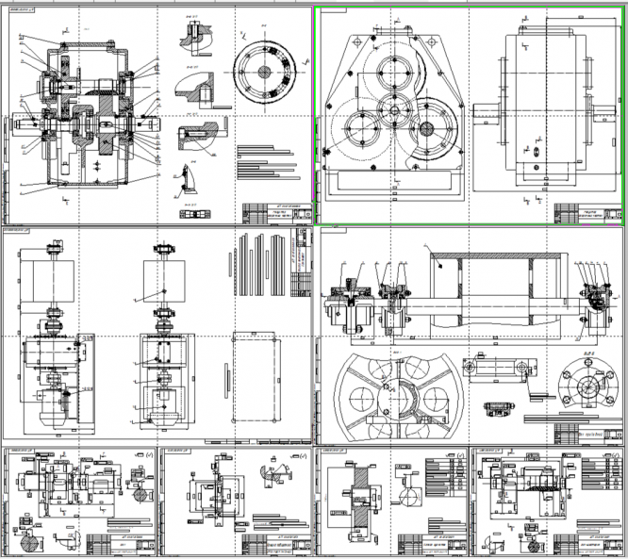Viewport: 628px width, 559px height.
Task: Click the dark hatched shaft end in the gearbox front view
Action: (x=426, y=129)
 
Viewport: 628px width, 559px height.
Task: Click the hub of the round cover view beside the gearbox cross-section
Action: (x=265, y=71)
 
